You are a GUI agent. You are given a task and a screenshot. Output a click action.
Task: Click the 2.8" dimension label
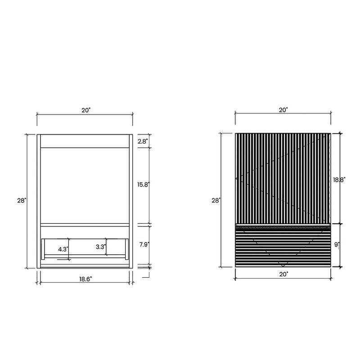pyautogui.click(x=142, y=141)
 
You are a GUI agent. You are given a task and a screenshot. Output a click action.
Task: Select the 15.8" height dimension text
pyautogui.click(x=144, y=184)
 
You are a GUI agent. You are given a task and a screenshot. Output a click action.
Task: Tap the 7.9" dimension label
pyautogui.click(x=144, y=244)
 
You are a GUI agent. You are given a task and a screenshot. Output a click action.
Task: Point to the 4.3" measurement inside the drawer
pyautogui.click(x=63, y=249)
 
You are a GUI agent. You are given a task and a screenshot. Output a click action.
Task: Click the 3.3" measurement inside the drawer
pyautogui.click(x=101, y=247)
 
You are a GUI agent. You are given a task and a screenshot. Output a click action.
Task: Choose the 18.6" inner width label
pyautogui.click(x=85, y=279)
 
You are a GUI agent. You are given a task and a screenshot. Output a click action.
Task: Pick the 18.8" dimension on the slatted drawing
pyautogui.click(x=339, y=180)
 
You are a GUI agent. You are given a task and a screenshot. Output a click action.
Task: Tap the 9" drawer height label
pyautogui.click(x=337, y=245)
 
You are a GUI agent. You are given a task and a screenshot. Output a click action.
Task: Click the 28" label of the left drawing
pyautogui.click(x=22, y=200)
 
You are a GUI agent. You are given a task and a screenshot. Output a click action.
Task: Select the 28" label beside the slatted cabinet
pyautogui.click(x=216, y=200)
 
